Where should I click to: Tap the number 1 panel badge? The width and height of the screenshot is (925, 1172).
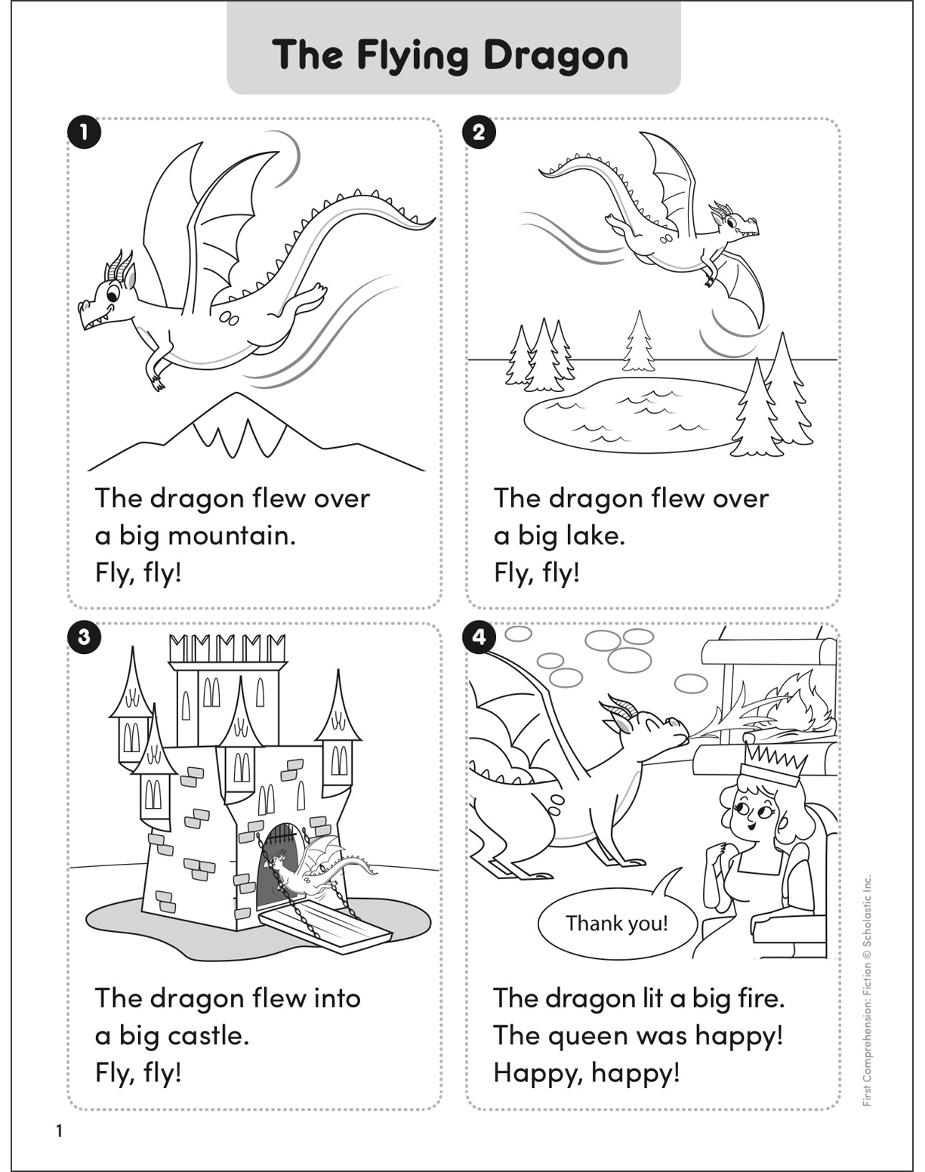coord(84,133)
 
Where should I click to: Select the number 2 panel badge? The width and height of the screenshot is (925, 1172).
coord(479,133)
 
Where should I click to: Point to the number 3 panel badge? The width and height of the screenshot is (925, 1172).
coord(84,637)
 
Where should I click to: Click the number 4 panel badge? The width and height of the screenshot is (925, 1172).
coord(479,637)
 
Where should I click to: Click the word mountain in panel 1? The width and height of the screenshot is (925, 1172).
coord(231,535)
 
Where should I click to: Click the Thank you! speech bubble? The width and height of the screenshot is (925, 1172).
coord(616,924)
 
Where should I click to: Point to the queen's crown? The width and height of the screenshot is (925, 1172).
coord(771,763)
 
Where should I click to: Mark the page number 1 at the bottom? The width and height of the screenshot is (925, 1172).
coord(58,1131)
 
